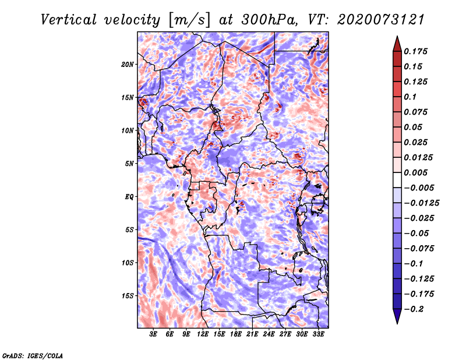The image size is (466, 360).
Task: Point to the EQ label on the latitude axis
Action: click(129, 196)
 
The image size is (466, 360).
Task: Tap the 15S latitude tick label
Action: click(128, 295)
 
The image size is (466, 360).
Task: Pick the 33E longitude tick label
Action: click(319, 334)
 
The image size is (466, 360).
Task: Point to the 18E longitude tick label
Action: click(236, 334)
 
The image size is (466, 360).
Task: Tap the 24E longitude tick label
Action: click(269, 334)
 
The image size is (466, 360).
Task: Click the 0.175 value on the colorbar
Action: click(416, 51)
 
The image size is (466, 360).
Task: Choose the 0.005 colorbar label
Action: click(416, 172)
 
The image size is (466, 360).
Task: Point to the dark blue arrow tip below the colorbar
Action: click(397, 319)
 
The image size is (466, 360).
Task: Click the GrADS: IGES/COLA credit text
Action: click(33, 355)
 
